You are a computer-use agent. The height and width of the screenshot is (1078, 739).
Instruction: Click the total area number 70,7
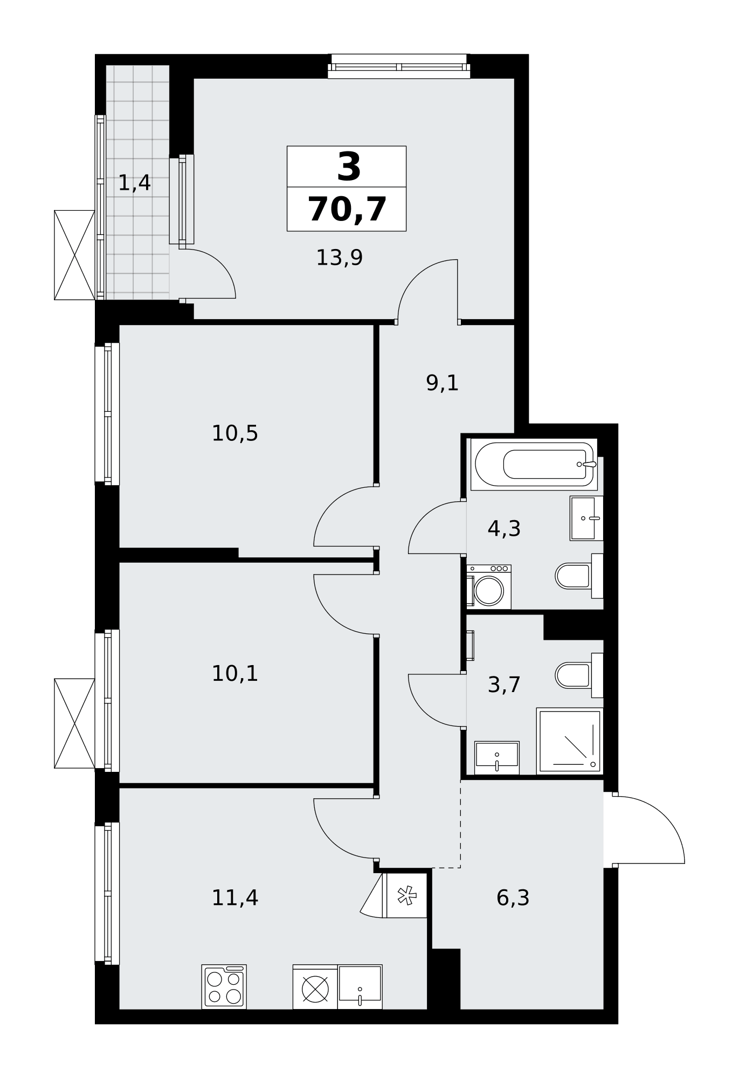(x=347, y=209)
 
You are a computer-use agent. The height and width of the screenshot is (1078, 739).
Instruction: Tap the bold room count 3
(x=348, y=167)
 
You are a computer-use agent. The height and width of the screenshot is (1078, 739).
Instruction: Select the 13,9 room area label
(x=339, y=258)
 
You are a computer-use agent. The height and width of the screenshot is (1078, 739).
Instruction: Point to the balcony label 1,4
(x=134, y=183)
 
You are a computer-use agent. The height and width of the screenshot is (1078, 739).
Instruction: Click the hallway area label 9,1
(x=442, y=383)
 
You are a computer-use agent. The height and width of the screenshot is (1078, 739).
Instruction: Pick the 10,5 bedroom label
(x=234, y=433)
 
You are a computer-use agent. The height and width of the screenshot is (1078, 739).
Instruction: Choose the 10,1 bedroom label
(x=234, y=673)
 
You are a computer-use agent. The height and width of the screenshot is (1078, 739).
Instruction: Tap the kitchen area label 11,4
(x=234, y=898)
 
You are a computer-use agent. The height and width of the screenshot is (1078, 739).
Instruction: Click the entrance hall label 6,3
(x=513, y=898)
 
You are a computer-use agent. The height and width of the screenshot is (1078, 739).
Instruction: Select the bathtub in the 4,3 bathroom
(x=534, y=464)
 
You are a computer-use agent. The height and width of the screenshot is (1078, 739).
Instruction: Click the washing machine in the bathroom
(x=489, y=587)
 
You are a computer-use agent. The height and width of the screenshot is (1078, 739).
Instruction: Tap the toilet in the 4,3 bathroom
(x=579, y=576)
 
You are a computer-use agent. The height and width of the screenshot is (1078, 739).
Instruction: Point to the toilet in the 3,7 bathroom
(x=579, y=675)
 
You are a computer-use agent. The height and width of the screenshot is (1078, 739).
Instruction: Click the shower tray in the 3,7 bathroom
(x=570, y=741)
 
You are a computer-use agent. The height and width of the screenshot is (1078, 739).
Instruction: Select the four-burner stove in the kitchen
(x=224, y=987)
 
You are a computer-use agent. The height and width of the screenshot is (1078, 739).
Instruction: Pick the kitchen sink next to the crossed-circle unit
(x=360, y=987)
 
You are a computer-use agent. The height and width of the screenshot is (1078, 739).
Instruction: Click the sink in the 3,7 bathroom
(x=497, y=758)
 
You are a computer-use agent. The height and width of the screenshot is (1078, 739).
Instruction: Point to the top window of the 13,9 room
(x=399, y=66)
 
